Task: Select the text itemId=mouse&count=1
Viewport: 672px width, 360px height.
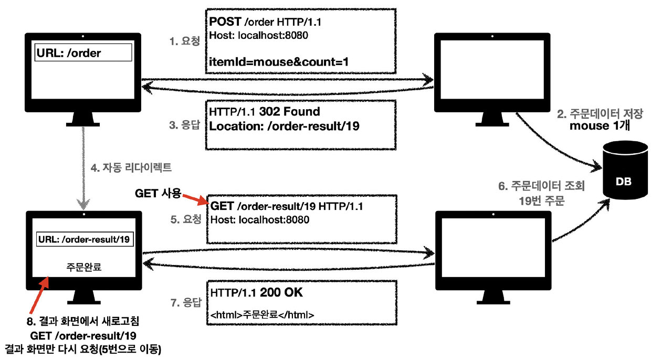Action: click(x=279, y=62)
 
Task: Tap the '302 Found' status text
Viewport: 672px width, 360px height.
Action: click(x=294, y=112)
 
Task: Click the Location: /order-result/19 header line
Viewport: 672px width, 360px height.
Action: click(x=284, y=126)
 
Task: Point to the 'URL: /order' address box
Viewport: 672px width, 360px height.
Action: click(x=83, y=52)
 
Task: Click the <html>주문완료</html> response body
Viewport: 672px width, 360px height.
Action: click(x=262, y=315)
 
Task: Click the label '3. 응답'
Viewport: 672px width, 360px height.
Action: click(x=185, y=126)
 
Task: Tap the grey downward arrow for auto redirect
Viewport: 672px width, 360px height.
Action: click(x=82, y=168)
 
